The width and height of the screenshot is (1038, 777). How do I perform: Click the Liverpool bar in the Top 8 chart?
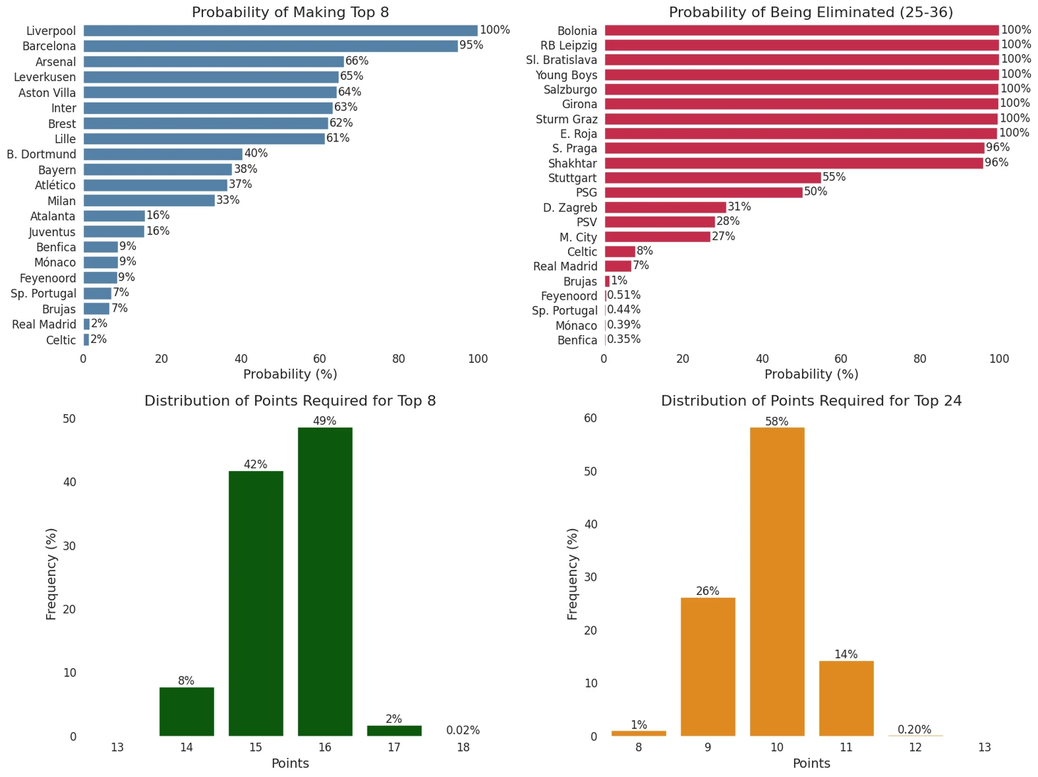pos(280,31)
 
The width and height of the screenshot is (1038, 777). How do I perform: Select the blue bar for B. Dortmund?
pos(163,154)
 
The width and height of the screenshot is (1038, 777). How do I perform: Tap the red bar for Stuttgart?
pos(712,178)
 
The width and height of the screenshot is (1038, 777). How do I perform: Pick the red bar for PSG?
pos(703,193)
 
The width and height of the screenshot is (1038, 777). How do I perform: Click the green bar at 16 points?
pos(325,581)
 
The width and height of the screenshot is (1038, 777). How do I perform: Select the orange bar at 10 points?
pos(777,581)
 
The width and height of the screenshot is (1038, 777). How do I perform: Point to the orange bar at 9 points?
pos(708,667)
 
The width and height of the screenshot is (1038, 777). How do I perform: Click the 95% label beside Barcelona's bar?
pos(471,46)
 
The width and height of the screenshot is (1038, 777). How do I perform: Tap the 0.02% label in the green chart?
pos(463,730)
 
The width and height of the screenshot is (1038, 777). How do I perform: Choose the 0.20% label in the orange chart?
pos(914,729)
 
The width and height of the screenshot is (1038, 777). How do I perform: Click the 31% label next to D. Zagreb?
pos(739,207)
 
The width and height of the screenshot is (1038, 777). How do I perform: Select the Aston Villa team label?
pos(47,92)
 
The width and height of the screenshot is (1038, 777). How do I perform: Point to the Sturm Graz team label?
pos(567,120)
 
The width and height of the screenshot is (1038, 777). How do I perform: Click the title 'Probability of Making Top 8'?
pos(290,12)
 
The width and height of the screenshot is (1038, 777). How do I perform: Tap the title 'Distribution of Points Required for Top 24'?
pos(811,401)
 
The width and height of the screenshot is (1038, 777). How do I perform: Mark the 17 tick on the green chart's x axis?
pos(394,747)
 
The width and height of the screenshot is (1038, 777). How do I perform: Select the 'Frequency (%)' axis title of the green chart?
pos(51,574)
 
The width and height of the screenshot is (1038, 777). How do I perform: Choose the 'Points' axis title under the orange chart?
pos(811,763)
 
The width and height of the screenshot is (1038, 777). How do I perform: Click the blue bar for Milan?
pos(149,201)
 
